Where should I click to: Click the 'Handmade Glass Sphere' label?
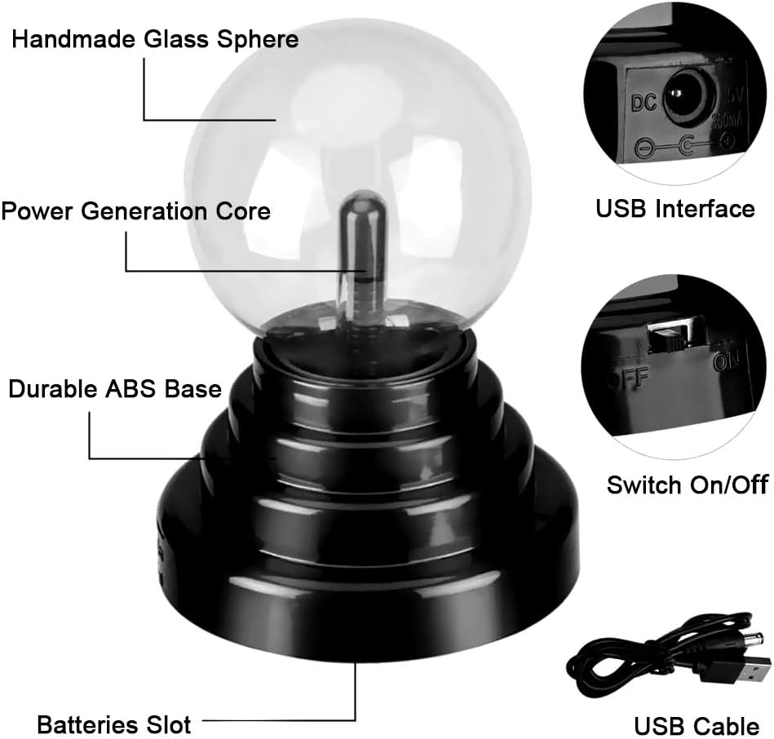[x=155, y=39]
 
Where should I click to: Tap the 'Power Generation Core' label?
[x=135, y=211]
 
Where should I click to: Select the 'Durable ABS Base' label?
[x=115, y=389]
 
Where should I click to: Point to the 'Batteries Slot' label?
[x=113, y=723]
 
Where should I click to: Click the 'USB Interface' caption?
[x=675, y=209]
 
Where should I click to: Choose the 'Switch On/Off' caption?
[x=687, y=485]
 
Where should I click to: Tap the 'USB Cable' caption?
[x=697, y=725]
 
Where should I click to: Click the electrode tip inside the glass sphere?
[x=364, y=204]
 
